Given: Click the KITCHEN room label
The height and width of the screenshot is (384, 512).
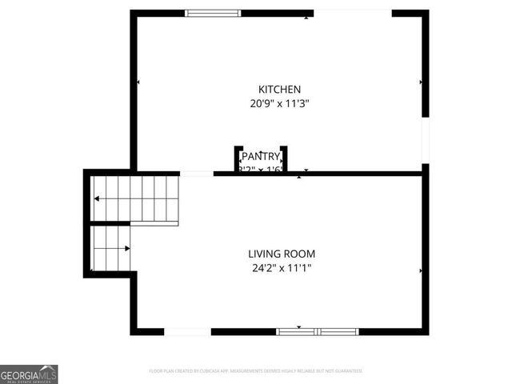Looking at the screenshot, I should (x=279, y=89).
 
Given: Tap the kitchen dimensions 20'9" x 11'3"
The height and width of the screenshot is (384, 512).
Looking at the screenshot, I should (x=279, y=103).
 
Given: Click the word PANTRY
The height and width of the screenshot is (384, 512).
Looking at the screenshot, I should (x=261, y=156).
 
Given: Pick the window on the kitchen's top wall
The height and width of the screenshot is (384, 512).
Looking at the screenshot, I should (x=213, y=13).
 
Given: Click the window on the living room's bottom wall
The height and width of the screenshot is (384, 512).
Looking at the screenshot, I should (x=318, y=331).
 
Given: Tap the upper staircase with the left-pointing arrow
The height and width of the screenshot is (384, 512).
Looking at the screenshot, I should (x=134, y=198).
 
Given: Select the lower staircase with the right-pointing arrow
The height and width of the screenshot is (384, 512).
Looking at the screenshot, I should (x=110, y=249).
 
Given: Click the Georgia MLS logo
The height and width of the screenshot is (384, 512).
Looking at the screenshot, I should (x=29, y=374).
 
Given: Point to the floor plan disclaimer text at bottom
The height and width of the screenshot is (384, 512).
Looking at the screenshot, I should (x=256, y=371).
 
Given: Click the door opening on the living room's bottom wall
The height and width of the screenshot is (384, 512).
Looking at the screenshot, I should (x=187, y=331).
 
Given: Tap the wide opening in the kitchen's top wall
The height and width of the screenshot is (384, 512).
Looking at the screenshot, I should (x=352, y=13).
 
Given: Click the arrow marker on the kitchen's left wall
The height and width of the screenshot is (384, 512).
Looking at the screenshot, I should (x=138, y=82).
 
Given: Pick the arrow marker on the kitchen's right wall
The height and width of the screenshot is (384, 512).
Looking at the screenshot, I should (x=421, y=82).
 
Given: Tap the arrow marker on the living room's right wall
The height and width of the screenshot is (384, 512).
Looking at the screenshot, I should (x=421, y=271).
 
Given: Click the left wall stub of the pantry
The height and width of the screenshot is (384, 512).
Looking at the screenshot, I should (x=238, y=158).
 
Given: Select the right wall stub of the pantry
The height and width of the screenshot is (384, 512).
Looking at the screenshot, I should (x=284, y=158).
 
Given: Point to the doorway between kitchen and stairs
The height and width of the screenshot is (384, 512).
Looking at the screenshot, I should (x=196, y=173).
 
